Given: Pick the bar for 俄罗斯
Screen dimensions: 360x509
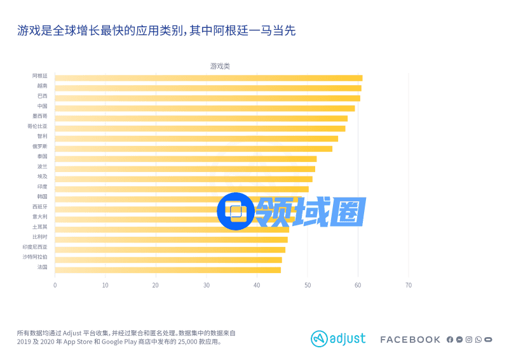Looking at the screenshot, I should [x=193, y=149].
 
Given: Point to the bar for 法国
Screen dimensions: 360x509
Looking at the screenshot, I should [x=168, y=270].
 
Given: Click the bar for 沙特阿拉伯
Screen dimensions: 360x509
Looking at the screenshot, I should [x=168, y=260].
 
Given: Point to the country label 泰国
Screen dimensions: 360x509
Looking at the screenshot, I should [x=42, y=156].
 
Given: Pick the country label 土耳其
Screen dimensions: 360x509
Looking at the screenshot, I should [x=39, y=227].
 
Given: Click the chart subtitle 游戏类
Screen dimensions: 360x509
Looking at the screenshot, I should [x=220, y=66].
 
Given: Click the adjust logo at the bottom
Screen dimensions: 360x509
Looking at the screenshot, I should [x=338, y=339].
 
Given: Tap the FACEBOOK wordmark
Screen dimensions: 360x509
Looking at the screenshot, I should [x=410, y=340].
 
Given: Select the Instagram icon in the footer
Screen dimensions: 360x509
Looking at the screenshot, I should [x=469, y=340].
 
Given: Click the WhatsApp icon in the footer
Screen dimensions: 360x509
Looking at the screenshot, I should [x=478, y=340].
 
